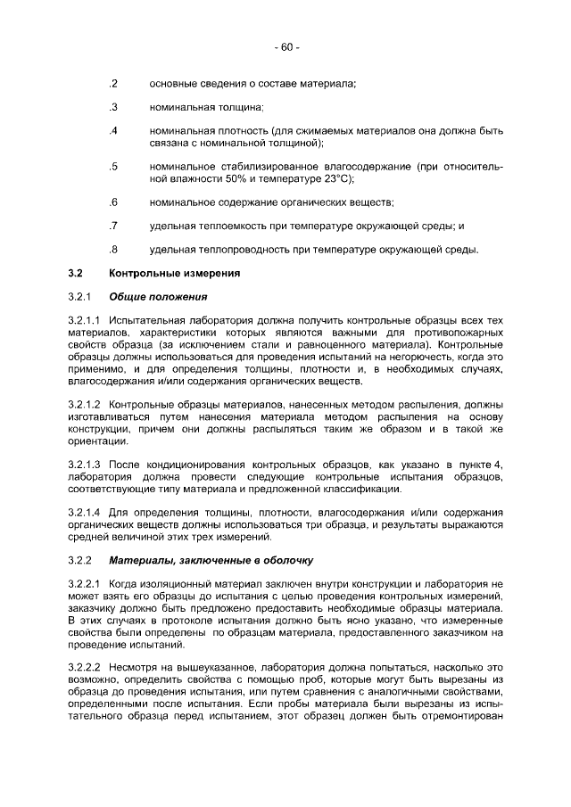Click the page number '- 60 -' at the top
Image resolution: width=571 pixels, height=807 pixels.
click(x=285, y=47)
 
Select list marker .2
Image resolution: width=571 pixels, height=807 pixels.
click(x=113, y=84)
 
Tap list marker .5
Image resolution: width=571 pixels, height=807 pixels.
click(x=113, y=167)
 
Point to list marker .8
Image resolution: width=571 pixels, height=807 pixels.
click(x=113, y=249)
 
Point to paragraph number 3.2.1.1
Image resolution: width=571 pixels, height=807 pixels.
click(x=86, y=319)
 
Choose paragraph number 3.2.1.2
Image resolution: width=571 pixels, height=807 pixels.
click(x=86, y=406)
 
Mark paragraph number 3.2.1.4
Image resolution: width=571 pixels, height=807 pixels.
click(x=86, y=514)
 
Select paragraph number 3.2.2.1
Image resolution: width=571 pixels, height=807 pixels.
click(x=86, y=584)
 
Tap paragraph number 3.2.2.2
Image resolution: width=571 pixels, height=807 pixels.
click(x=86, y=666)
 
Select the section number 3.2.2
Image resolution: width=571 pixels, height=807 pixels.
click(x=80, y=561)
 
